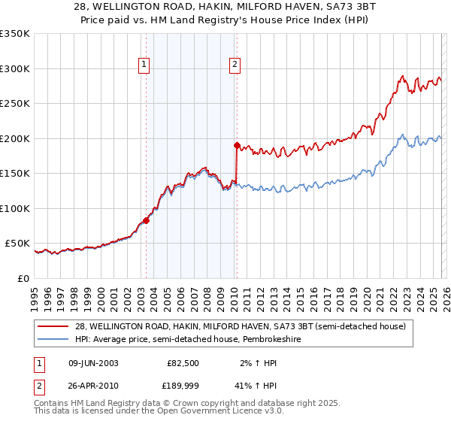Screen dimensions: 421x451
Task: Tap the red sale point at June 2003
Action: pos(146,221)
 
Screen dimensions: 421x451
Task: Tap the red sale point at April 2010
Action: pos(237,145)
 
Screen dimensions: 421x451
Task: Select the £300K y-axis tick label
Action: pos(15,68)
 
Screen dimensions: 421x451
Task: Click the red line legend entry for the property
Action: pos(241,326)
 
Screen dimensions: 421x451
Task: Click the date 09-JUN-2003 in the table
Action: pos(93,363)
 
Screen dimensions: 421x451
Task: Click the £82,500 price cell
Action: pos(183,363)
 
